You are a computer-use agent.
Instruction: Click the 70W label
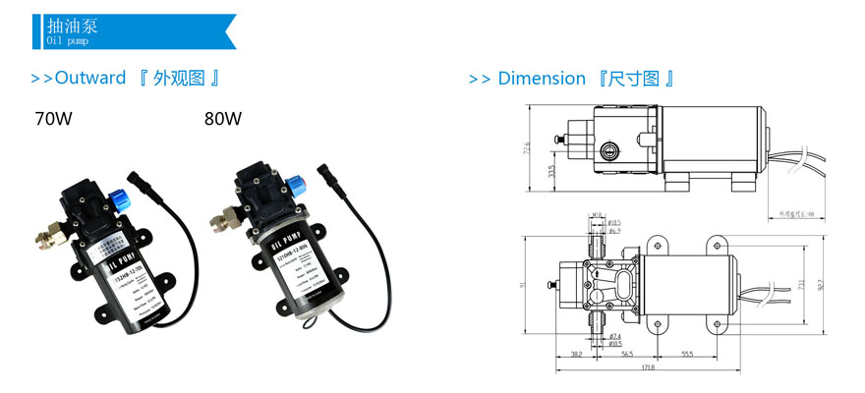53,120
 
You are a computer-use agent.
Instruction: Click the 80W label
223,120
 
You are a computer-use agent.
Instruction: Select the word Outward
90,78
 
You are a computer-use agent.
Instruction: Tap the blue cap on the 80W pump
295,183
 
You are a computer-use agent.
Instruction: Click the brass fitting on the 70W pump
47,237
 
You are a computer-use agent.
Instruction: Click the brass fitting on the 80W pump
217,213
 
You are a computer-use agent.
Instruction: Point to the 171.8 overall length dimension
649,366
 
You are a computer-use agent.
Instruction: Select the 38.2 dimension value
577,353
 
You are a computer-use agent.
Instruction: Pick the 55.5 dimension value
688,353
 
